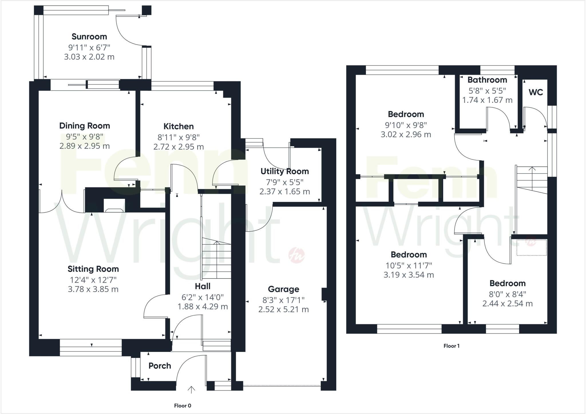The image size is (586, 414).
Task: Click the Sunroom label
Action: point(89,37)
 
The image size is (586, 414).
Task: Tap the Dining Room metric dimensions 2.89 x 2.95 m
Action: point(84,146)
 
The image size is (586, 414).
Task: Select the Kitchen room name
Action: point(179,126)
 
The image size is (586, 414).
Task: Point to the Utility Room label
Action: point(284,171)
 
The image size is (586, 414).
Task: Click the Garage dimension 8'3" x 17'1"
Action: point(283,300)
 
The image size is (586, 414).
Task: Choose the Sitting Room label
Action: point(93,269)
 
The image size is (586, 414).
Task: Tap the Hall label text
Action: point(203,286)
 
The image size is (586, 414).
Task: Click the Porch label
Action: point(160,366)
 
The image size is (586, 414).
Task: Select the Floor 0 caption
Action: point(183,405)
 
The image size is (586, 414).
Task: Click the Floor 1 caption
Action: point(451,346)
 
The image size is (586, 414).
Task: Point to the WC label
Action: point(536,92)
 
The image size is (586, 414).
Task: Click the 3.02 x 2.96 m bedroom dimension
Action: point(405,134)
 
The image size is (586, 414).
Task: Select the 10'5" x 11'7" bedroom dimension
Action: point(409,265)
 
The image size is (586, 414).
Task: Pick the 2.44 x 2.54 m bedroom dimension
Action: point(507,303)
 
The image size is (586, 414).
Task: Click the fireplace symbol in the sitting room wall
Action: point(115,206)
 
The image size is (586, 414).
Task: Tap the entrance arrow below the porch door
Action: point(191,390)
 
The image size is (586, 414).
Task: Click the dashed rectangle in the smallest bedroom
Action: point(531,248)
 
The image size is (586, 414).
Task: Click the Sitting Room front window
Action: point(91,348)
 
